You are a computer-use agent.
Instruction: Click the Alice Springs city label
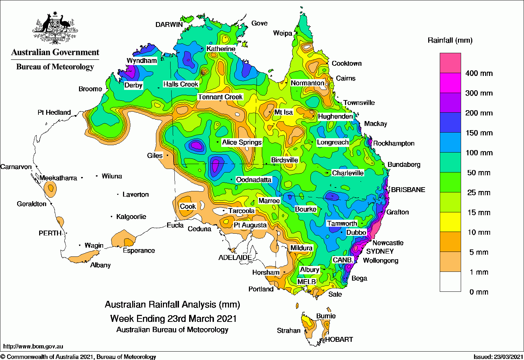click(x=242, y=142)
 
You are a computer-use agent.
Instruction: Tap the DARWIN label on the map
click(x=169, y=24)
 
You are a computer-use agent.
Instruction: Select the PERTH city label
click(x=50, y=233)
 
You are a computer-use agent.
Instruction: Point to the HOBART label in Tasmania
click(x=339, y=339)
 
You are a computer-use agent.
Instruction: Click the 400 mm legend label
click(x=479, y=73)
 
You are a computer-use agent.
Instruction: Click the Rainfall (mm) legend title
click(x=450, y=41)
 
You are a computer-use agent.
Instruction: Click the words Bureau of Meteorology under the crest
click(x=55, y=67)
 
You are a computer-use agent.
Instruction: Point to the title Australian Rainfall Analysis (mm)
click(x=172, y=304)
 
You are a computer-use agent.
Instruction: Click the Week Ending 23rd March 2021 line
click(x=173, y=319)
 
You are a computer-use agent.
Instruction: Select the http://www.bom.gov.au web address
click(x=33, y=346)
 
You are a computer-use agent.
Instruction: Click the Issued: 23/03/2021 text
click(x=498, y=357)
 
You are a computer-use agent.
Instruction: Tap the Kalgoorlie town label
click(x=131, y=217)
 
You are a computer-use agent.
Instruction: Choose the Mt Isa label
click(x=283, y=112)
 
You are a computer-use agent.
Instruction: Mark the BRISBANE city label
click(x=408, y=190)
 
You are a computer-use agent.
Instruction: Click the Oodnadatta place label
click(x=254, y=180)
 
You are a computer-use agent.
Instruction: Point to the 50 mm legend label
click(x=479, y=173)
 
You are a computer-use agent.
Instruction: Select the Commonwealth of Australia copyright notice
click(x=78, y=357)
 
